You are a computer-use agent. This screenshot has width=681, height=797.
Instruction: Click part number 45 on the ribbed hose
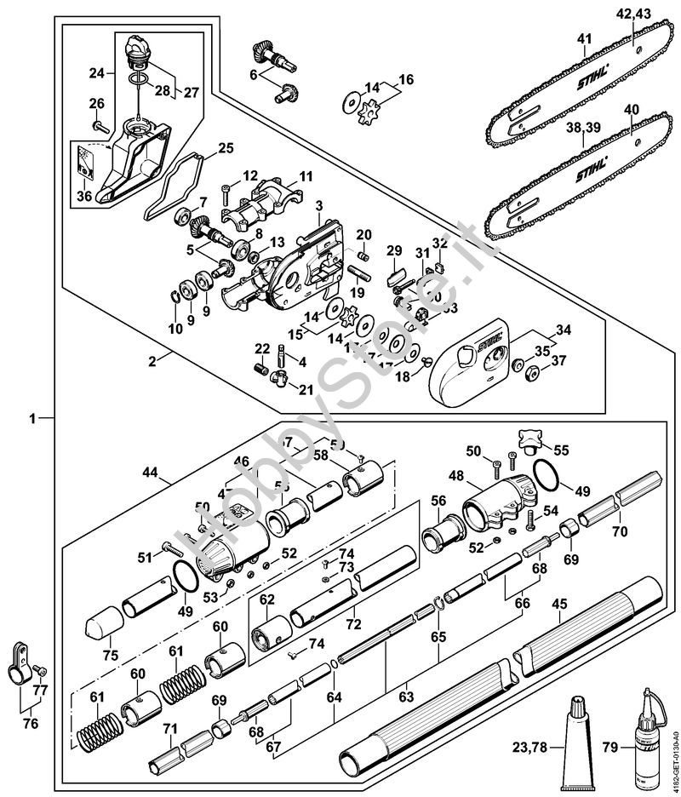559,604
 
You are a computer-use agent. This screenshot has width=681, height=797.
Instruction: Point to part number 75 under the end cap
110,656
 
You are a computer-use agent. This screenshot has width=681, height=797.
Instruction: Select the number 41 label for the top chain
583,38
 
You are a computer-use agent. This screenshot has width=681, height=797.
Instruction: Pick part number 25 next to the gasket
225,148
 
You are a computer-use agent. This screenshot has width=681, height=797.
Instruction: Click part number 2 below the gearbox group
152,361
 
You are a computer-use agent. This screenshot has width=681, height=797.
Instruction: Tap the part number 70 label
619,531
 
